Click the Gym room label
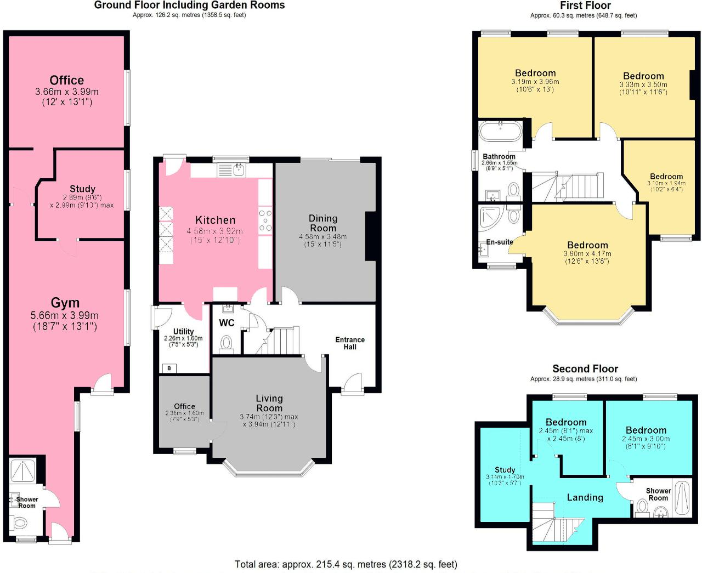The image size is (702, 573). pyautogui.click(x=65, y=303)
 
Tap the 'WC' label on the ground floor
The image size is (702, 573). pyautogui.click(x=227, y=323)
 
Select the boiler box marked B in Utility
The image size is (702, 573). pyautogui.click(x=169, y=368)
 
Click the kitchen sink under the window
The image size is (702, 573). pyautogui.click(x=239, y=169)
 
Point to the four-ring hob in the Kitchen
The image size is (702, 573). pyautogui.click(x=265, y=220)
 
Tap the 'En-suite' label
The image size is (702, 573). pyautogui.click(x=500, y=242)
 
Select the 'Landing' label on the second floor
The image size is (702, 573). pyautogui.click(x=585, y=497)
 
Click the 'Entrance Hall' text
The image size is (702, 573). pyautogui.click(x=350, y=343)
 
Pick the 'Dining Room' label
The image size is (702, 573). pyautogui.click(x=323, y=223)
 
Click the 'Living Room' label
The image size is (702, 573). pyautogui.click(x=269, y=403)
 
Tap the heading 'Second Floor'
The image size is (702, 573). pyautogui.click(x=585, y=369)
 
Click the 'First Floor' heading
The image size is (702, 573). pyautogui.click(x=585, y=5)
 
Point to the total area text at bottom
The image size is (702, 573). pyautogui.click(x=346, y=564)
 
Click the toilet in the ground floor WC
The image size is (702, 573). pyautogui.click(x=227, y=344)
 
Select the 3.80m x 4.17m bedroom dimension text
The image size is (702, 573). pyautogui.click(x=587, y=254)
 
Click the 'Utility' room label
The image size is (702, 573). pyautogui.click(x=183, y=332)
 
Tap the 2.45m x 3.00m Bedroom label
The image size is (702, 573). pyautogui.click(x=646, y=430)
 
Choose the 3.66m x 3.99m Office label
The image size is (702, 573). pyautogui.click(x=67, y=81)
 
